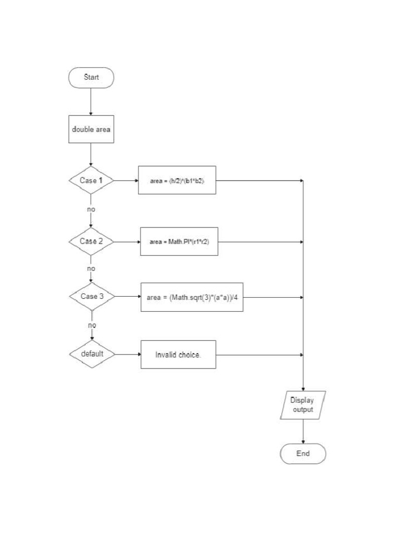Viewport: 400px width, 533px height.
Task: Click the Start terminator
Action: coord(91,78)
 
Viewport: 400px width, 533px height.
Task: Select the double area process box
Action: coord(91,129)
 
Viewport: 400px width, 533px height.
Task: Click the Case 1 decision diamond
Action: coord(91,181)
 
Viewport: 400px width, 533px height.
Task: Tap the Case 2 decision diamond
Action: coord(91,242)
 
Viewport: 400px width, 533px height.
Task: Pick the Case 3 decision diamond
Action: coord(92,296)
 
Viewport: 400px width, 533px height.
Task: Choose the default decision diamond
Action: coord(92,354)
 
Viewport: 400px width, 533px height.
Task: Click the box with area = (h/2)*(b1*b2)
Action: coord(177,180)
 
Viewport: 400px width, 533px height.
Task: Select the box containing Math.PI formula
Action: coord(179,242)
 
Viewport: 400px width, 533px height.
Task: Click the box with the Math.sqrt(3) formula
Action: coord(192,297)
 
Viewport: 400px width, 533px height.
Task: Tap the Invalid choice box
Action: coord(178,354)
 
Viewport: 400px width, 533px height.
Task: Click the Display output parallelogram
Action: coord(303,405)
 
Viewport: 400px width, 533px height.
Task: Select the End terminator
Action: coord(303,454)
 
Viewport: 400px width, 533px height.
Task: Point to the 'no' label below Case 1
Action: coord(91,209)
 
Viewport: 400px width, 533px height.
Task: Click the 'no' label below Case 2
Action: coord(91,269)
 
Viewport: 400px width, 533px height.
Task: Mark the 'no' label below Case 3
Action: coord(92,325)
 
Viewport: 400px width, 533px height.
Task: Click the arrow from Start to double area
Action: coord(91,101)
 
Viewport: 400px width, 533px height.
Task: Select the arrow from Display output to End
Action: coord(303,432)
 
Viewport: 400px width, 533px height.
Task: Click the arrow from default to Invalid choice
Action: coord(127,354)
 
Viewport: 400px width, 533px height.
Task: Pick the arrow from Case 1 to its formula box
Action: coord(126,181)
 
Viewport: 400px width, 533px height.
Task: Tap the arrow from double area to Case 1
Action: coord(91,155)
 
